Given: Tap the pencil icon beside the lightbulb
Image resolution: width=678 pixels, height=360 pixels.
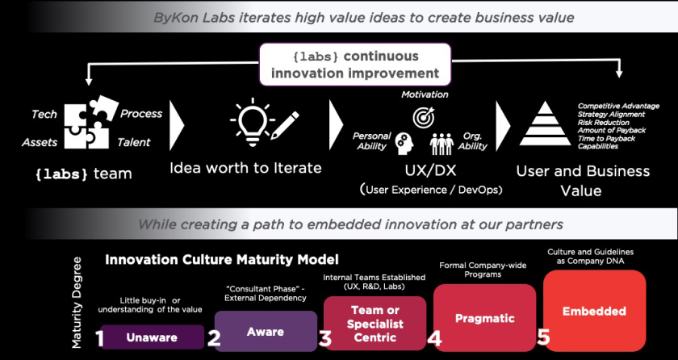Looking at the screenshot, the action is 284,124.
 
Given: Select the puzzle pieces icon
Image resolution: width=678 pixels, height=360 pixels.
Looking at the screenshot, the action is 92,122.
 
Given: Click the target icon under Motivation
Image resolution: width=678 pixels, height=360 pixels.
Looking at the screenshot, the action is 423,116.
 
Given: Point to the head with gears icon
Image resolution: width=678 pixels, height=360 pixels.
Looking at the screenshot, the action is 404,144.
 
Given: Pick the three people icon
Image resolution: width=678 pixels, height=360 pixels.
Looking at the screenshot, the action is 442,144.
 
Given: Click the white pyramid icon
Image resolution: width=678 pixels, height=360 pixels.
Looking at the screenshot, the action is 545,123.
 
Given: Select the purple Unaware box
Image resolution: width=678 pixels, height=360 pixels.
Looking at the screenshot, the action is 153,337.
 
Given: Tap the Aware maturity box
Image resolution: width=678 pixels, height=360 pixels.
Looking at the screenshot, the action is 266,331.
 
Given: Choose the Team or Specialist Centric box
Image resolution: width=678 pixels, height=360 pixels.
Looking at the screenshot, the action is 375,323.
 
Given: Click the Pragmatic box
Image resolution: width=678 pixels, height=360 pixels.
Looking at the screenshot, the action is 485,318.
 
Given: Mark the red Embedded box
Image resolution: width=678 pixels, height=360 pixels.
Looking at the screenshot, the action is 595,311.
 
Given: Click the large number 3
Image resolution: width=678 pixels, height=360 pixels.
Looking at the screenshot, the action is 324,339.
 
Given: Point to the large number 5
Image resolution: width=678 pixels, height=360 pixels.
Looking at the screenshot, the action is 543,337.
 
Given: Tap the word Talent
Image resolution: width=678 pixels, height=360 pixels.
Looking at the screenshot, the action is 134,142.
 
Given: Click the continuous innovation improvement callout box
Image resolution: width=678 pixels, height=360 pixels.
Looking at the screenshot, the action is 355,65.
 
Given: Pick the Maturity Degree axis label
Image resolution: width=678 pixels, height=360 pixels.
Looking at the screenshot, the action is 77,303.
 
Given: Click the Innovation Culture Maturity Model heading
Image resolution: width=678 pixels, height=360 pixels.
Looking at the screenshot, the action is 222,260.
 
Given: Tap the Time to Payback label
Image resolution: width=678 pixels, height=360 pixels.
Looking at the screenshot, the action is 607,138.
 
